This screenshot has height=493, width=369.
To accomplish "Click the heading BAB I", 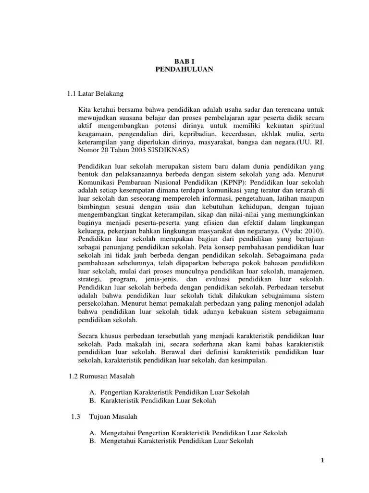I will [184, 62].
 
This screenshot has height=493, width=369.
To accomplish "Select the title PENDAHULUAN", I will [184, 69].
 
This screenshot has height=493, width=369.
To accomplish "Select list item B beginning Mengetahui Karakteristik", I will [172, 441].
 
